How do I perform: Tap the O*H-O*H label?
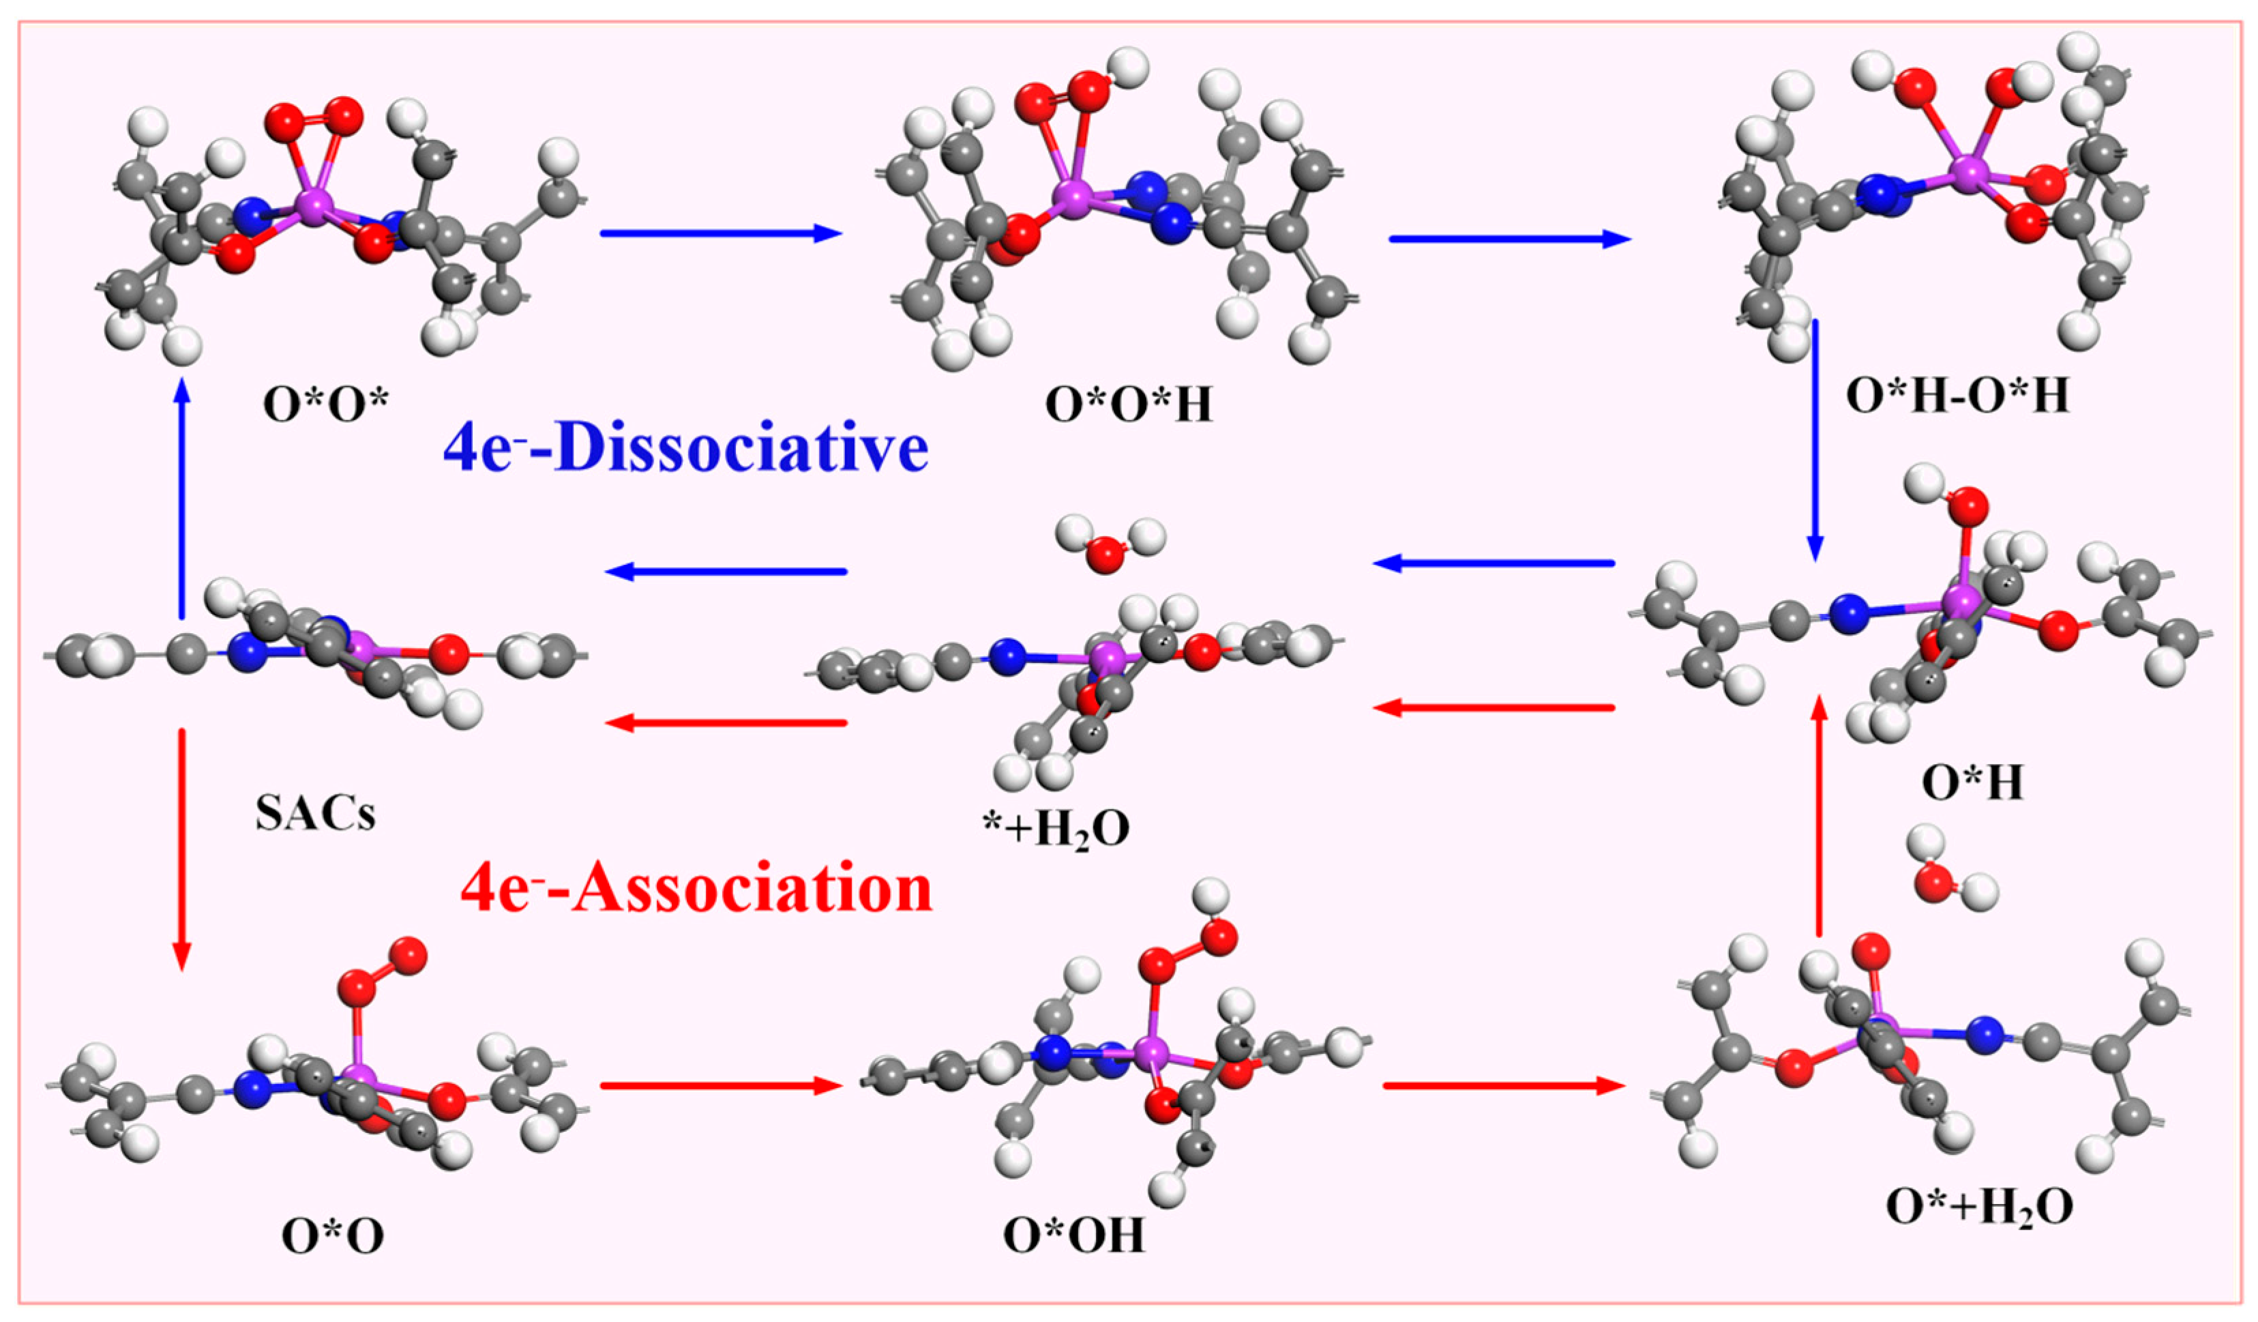(x=1958, y=395)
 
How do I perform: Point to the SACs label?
(x=315, y=814)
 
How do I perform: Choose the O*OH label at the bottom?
(x=1073, y=1236)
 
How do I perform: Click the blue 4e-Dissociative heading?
(x=685, y=448)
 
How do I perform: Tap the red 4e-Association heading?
(x=696, y=890)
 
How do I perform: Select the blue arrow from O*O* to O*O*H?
(x=722, y=234)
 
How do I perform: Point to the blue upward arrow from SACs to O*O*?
(x=182, y=497)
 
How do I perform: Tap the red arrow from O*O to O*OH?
(x=722, y=1086)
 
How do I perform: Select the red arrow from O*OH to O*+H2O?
(x=1504, y=1086)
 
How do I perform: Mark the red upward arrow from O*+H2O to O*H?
(x=1819, y=816)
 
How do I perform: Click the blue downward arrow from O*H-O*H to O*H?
(x=1815, y=439)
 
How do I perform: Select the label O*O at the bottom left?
(x=332, y=1236)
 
